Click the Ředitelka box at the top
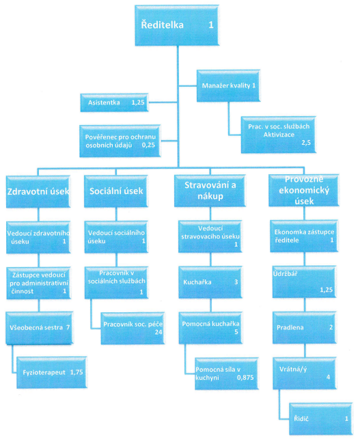[177, 25]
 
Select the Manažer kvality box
[228, 85]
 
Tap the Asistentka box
[114, 102]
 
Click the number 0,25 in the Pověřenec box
[148, 145]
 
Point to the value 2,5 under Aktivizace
[306, 143]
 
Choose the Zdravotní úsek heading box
[38, 192]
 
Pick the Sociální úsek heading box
[116, 191]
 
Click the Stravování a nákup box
[210, 191]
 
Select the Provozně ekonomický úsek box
[304, 190]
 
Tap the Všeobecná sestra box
[40, 327]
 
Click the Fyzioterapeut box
[52, 372]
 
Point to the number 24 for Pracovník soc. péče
[158, 332]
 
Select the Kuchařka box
[210, 282]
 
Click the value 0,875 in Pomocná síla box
[245, 378]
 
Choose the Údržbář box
[305, 281]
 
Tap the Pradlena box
[305, 327]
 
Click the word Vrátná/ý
[293, 369]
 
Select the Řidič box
[321, 419]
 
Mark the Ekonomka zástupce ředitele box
[304, 236]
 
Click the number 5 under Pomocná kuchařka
[236, 332]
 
